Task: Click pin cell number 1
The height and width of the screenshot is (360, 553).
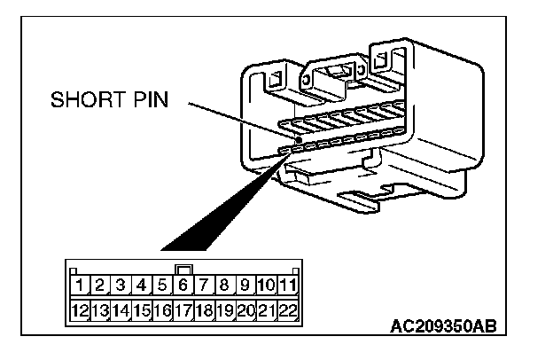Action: (x=80, y=286)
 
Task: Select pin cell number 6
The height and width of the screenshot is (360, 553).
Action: (x=183, y=286)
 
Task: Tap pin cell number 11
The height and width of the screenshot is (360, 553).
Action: (x=286, y=286)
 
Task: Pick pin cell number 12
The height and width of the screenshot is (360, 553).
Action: (x=80, y=310)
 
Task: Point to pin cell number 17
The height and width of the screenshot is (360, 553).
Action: (x=183, y=310)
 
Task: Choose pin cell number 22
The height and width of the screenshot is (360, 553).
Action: (x=286, y=310)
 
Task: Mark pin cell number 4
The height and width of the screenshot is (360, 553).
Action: (x=142, y=286)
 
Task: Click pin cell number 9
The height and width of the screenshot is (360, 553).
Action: (x=245, y=286)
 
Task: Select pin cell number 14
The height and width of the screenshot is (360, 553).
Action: (x=121, y=310)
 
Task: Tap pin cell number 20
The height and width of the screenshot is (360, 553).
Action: (x=245, y=310)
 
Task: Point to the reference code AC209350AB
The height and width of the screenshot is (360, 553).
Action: (x=443, y=326)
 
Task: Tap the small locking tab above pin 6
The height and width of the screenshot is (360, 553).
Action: (x=183, y=270)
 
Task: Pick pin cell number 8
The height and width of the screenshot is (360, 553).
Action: (x=224, y=286)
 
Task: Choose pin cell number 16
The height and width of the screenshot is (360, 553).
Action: (x=162, y=310)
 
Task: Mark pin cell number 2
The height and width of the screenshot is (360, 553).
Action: (x=100, y=286)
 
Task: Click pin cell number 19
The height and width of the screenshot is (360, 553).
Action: (x=224, y=310)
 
